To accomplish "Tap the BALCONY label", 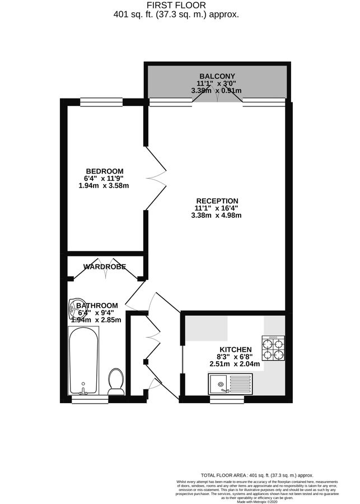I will pyautogui.click(x=217, y=76).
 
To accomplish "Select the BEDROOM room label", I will pyautogui.click(x=104, y=171).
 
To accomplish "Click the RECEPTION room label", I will pyautogui.click(x=217, y=201).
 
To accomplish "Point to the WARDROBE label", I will pyautogui.click(x=105, y=267).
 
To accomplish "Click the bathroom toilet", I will pyautogui.click(x=116, y=381).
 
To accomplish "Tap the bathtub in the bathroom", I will pyautogui.click(x=83, y=361).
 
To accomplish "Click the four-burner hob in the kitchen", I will pyautogui.click(x=274, y=348).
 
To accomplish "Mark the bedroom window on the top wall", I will pyautogui.click(x=101, y=102).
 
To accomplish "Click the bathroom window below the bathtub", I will pyautogui.click(x=90, y=399).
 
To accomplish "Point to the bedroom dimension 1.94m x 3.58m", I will pyautogui.click(x=104, y=185).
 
